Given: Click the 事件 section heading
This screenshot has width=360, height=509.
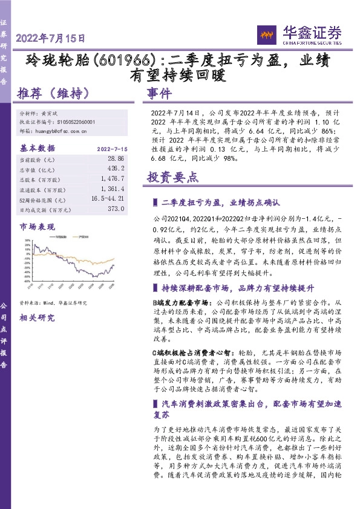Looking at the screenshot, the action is (x=160, y=94).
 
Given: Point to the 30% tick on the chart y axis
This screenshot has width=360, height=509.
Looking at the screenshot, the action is (x=28, y=241).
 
